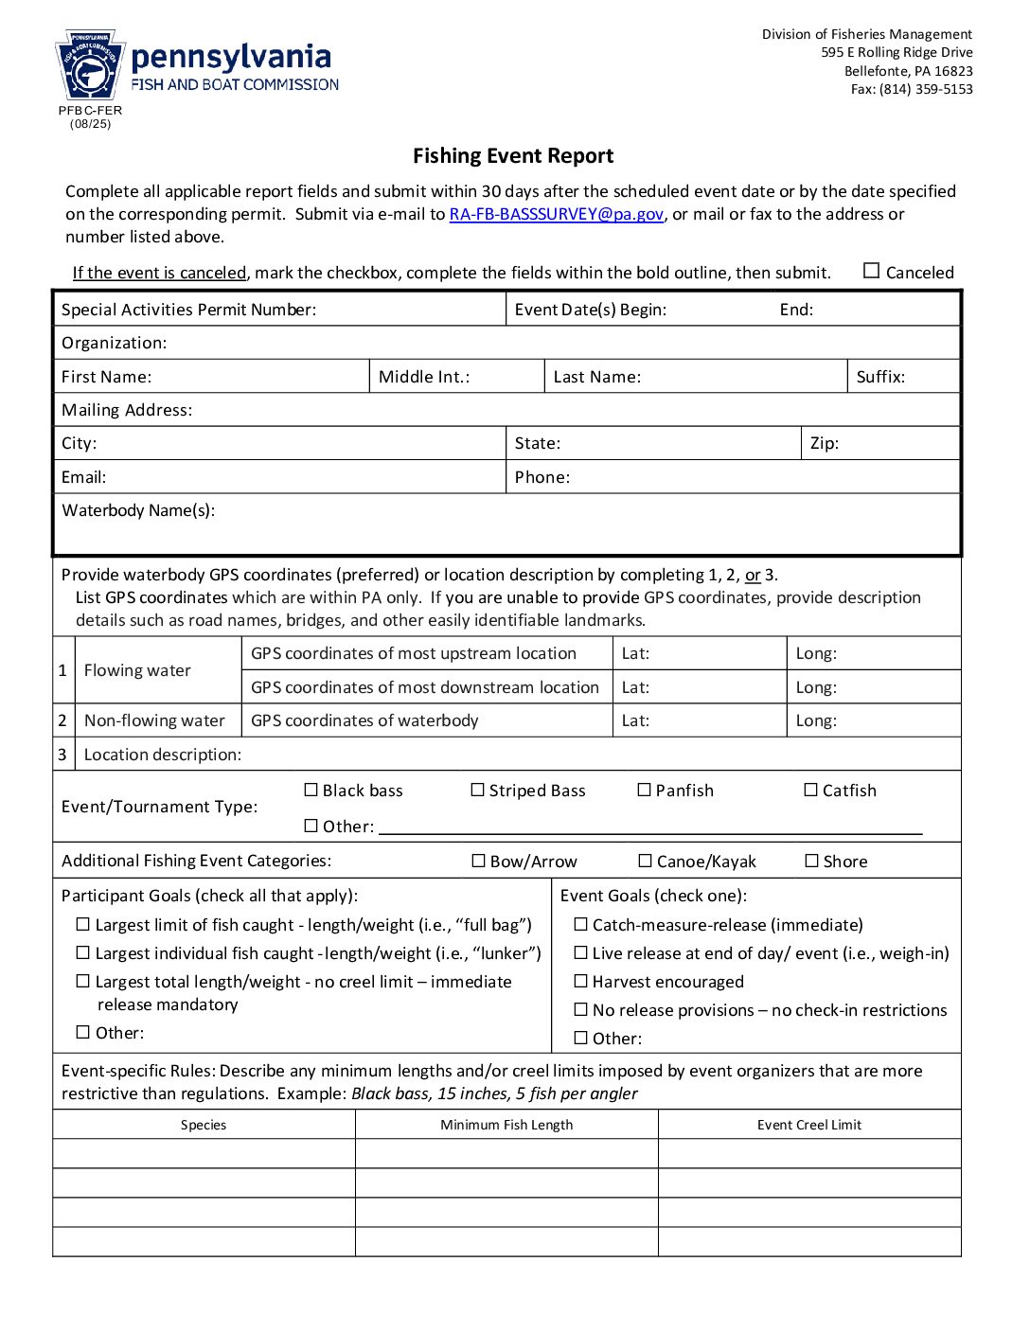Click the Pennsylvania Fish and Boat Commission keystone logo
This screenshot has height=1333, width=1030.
coord(90,65)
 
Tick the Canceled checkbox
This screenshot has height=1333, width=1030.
coord(872,271)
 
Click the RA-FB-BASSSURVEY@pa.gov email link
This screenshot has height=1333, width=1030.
coord(556,214)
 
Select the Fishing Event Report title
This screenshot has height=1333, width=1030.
coord(513,156)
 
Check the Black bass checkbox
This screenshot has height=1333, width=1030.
coord(311,790)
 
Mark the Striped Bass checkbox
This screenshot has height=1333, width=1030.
coord(477,790)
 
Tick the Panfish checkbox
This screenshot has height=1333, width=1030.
coord(644,790)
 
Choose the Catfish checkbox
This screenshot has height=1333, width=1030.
coord(810,790)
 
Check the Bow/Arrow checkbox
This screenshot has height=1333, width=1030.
coord(478,861)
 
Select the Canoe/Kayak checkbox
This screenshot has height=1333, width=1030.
coord(645,861)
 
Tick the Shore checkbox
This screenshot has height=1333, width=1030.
coord(811,861)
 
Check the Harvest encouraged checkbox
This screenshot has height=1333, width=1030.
coord(580,981)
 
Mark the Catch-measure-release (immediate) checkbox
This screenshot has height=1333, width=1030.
coord(580,924)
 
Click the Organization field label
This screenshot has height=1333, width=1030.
coord(114,343)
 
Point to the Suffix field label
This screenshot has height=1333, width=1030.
coord(880,377)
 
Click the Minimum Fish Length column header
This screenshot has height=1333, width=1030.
coord(506,1125)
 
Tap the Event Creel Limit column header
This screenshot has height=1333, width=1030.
coord(809,1125)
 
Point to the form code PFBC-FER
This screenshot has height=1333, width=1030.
coord(90,111)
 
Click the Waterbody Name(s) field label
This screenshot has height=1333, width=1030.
coord(138,510)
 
